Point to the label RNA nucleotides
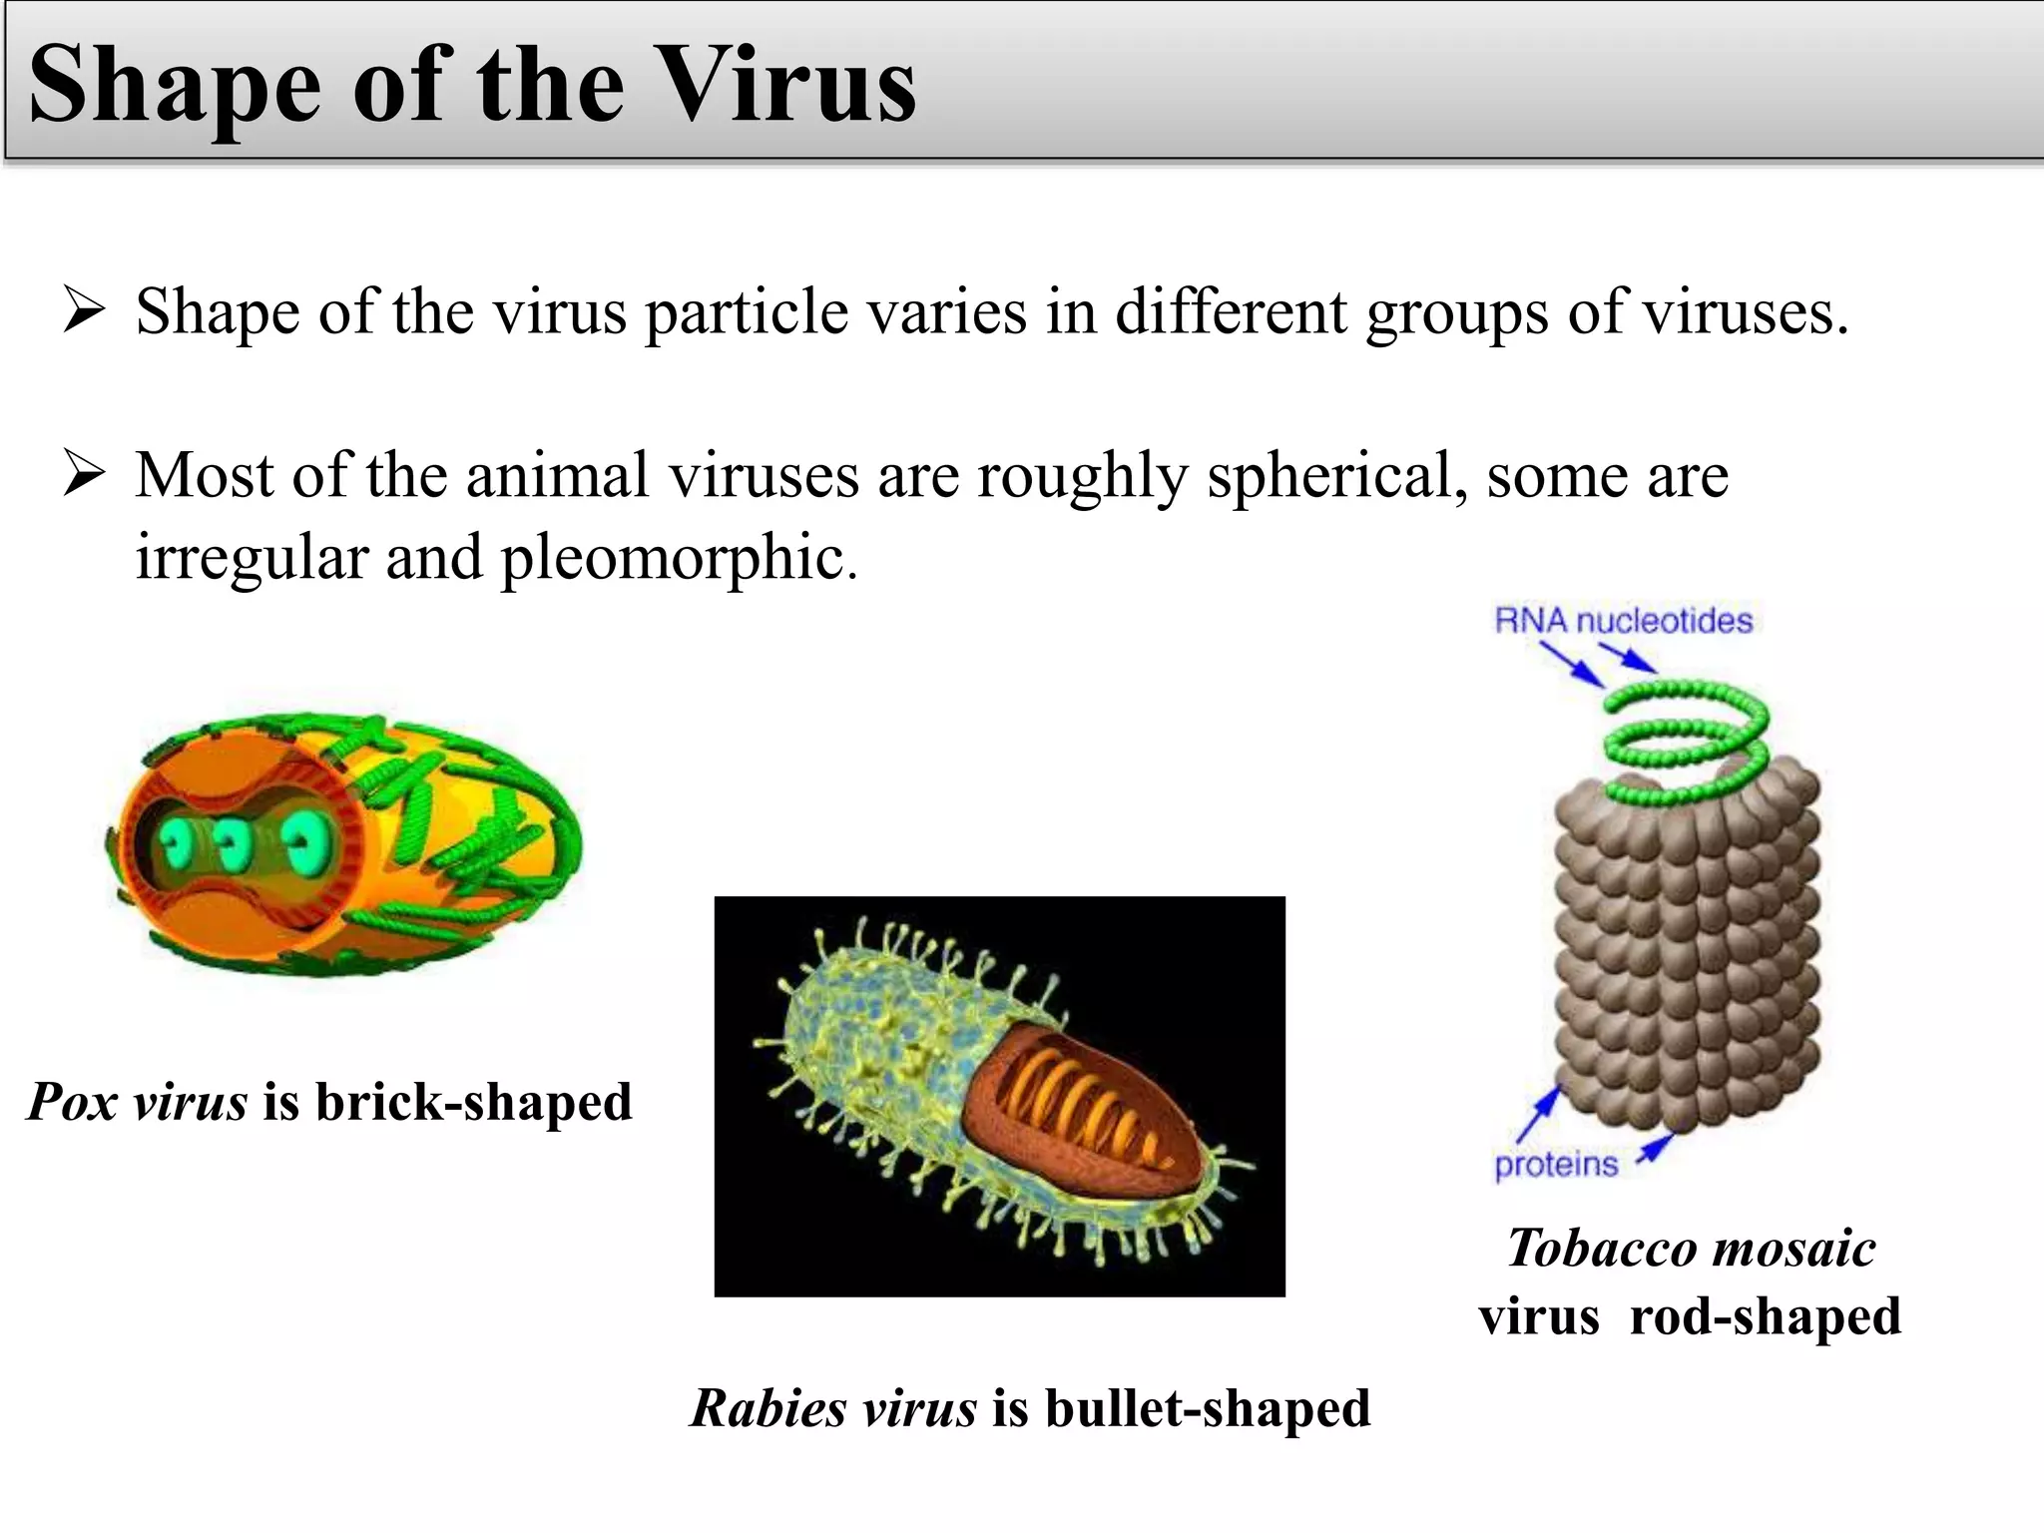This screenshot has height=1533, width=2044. tap(1623, 621)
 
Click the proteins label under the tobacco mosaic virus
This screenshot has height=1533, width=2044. tap(1555, 1164)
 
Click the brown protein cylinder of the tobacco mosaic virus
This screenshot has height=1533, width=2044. tap(1687, 958)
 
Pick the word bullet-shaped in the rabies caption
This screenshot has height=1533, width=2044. tap(1208, 1408)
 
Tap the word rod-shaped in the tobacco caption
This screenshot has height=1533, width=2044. tap(1765, 1315)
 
